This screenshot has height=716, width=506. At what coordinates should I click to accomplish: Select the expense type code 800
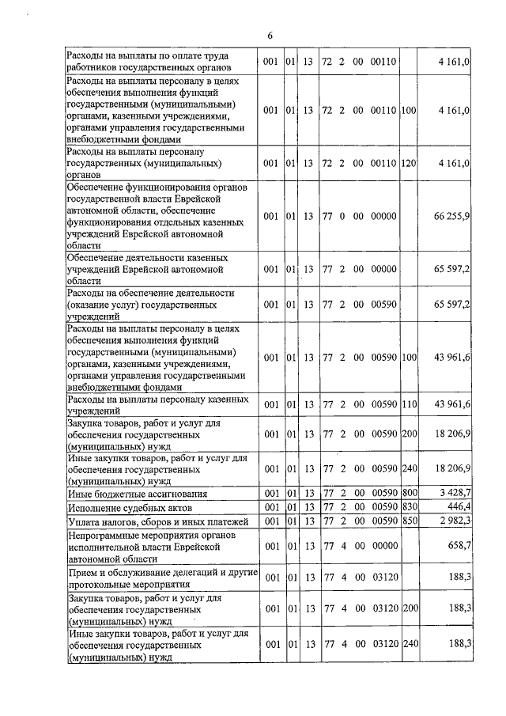tap(409, 493)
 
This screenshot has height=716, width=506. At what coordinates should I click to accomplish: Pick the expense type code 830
tap(409, 506)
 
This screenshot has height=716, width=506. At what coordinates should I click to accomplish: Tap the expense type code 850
tap(409, 521)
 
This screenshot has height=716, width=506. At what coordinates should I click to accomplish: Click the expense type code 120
tap(409, 163)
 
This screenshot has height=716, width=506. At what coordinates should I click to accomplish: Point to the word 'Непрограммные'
tap(104, 535)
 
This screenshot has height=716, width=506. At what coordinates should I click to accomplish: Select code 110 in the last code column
tap(409, 404)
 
